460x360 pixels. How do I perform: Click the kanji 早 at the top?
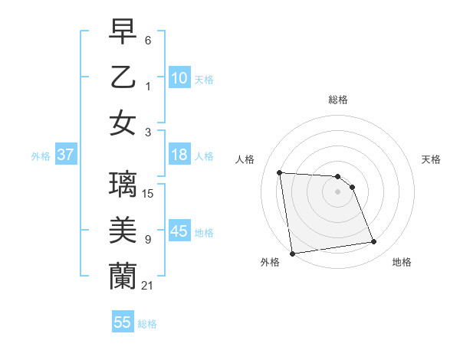pyautogui.click(x=123, y=33)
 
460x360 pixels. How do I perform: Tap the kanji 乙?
pyautogui.click(x=123, y=78)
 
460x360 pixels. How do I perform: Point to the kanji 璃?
pyautogui.click(x=123, y=184)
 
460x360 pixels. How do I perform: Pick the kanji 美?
pyautogui.click(x=123, y=229)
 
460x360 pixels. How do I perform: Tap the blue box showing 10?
pyautogui.click(x=179, y=78)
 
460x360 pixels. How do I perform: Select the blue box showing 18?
pyautogui.click(x=179, y=155)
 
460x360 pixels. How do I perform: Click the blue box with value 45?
pyautogui.click(x=179, y=231)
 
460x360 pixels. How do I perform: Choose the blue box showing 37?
pyautogui.click(x=65, y=155)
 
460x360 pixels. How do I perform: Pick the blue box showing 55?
pyautogui.click(x=123, y=322)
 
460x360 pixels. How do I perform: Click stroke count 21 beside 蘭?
pyautogui.click(x=149, y=285)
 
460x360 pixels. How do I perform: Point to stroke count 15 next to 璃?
pyautogui.click(x=149, y=194)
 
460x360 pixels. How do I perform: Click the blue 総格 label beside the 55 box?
pyautogui.click(x=147, y=324)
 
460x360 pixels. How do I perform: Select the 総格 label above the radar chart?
pyautogui.click(x=337, y=100)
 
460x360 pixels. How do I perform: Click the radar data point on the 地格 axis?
pyautogui.click(x=374, y=242)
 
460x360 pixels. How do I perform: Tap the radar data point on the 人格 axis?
pyautogui.click(x=280, y=172)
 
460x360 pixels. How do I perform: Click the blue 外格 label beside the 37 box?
pyautogui.click(x=41, y=156)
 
